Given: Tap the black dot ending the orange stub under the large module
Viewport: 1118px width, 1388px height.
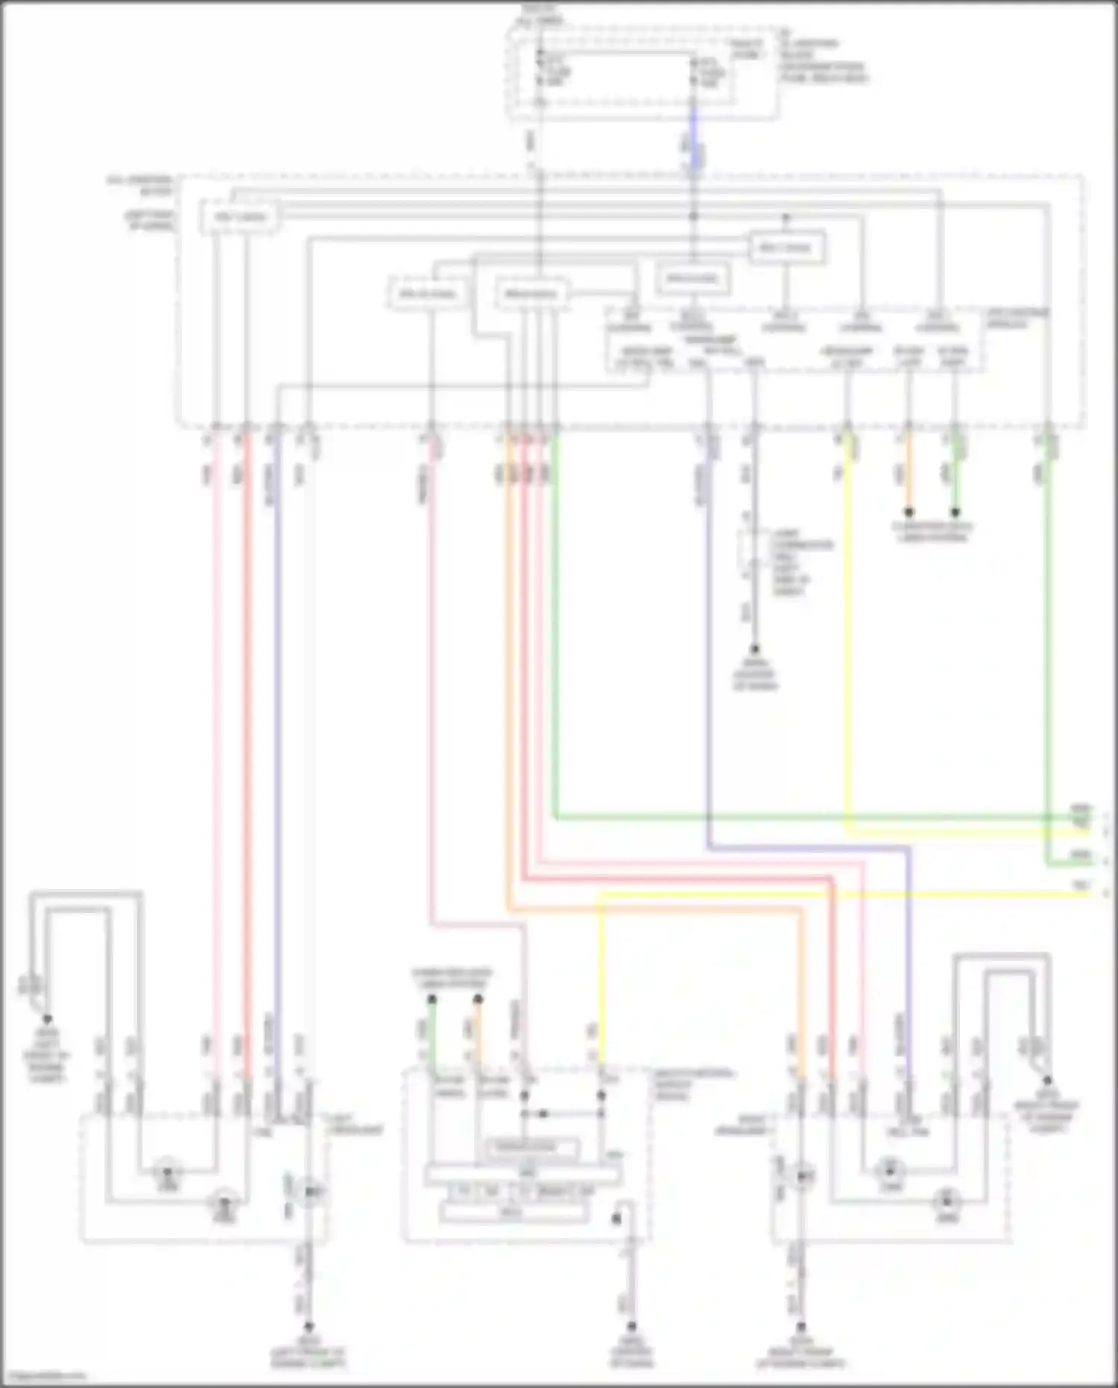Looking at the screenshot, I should [909, 513].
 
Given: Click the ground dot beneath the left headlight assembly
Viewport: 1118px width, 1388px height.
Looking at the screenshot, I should [308, 1327].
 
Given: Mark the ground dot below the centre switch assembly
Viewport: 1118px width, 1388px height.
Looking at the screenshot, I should [631, 1327].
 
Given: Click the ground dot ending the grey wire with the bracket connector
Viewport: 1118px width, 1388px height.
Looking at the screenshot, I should [754, 650].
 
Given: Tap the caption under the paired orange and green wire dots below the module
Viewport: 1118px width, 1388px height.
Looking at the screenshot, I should [932, 531].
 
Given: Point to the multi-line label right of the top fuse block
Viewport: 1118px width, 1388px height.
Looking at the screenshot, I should [824, 61].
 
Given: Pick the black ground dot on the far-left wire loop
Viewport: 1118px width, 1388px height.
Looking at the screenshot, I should [47, 1019].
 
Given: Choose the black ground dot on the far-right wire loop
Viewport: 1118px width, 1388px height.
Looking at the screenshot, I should [1047, 1080].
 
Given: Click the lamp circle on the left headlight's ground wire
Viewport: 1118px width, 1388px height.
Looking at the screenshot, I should [310, 1192].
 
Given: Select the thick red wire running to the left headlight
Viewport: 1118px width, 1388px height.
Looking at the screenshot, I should [248, 746].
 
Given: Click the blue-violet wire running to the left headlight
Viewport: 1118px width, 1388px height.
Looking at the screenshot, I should [277, 746].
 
